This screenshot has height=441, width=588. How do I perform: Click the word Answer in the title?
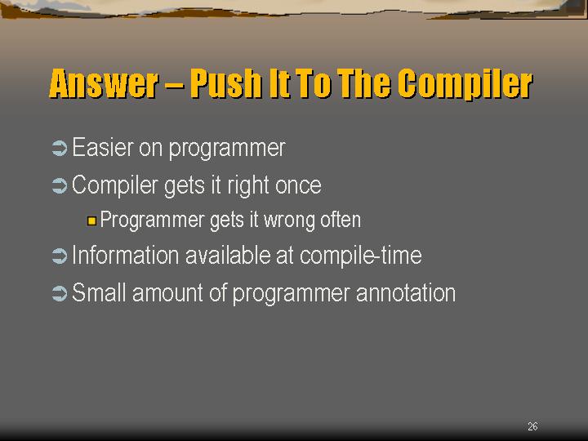104,83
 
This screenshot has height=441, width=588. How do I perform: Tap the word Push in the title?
225,83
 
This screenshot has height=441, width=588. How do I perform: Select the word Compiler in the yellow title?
465,84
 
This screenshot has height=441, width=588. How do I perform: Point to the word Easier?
102,147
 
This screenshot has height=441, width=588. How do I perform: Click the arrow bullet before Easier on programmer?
60,148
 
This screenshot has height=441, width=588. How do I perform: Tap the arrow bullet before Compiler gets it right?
60,185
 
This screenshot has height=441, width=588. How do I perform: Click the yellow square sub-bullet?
91,220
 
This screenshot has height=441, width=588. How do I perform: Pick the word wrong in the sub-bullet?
289,220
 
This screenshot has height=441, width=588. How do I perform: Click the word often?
341,220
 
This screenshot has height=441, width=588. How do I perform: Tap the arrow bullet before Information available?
60,256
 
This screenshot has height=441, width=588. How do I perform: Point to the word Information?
125,256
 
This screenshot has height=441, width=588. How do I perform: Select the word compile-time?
361,256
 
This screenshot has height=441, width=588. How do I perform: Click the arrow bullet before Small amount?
60,293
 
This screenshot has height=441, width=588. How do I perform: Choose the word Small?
99,292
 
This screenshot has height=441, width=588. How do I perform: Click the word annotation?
406,293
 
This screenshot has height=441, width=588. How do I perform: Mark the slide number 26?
532,426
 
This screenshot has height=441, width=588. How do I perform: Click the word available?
228,256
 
